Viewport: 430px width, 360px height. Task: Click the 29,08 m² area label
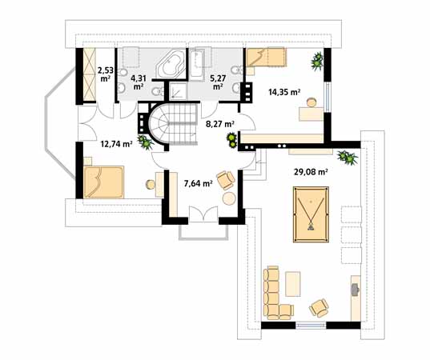pyautogui.click(x=311, y=172)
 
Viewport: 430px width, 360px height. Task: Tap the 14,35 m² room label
pyautogui.click(x=283, y=92)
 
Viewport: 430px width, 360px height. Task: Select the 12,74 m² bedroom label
pyautogui.click(x=117, y=144)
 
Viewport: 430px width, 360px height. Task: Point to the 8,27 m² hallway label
pyautogui.click(x=220, y=124)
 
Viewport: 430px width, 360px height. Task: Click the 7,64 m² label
pyautogui.click(x=198, y=183)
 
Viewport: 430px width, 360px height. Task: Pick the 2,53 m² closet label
pyautogui.click(x=106, y=74)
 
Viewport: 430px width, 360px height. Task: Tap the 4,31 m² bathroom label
pyautogui.click(x=139, y=82)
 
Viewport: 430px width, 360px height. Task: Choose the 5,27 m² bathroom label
pyautogui.click(x=218, y=82)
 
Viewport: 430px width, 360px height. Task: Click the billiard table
pyautogui.click(x=311, y=214)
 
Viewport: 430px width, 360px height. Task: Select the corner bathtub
pyautogui.click(x=170, y=65)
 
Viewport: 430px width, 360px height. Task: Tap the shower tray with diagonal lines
pyautogui.click(x=178, y=90)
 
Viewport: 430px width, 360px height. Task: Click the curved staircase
pyautogui.click(x=173, y=123)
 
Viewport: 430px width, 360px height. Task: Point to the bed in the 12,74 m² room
pyautogui.click(x=103, y=182)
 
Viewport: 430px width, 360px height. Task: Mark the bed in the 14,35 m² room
pyautogui.click(x=267, y=57)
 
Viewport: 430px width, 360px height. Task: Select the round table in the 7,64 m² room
pyautogui.click(x=229, y=198)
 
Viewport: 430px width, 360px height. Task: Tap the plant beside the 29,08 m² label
pyautogui.click(x=348, y=158)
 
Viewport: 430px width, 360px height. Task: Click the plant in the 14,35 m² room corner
pyautogui.click(x=317, y=61)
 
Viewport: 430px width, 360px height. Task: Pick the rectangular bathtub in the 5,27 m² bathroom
pyautogui.click(x=197, y=63)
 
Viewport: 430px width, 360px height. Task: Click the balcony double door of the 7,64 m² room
pyautogui.click(x=203, y=214)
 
